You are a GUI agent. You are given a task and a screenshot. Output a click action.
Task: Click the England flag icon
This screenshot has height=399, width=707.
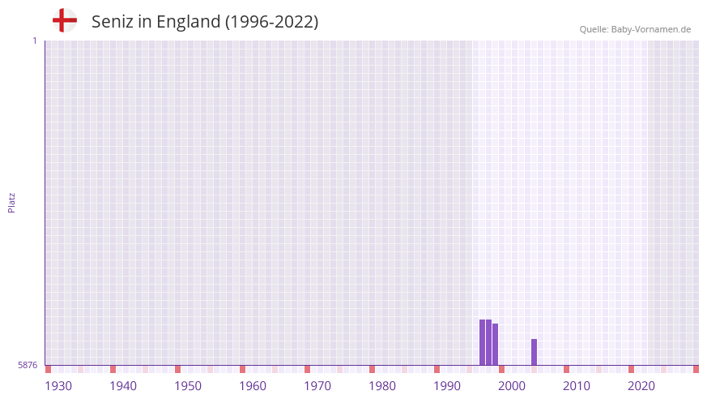[65, 20]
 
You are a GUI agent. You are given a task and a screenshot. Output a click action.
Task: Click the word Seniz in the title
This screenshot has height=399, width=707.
[112, 22]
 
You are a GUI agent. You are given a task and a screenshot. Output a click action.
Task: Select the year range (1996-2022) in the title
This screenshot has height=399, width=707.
[272, 22]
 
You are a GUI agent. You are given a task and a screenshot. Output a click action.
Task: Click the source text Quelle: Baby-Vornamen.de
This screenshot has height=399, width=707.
[635, 29]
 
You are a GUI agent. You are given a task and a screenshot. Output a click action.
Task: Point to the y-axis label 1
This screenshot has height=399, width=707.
[34, 41]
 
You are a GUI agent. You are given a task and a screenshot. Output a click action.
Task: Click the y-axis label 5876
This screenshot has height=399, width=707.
[28, 365]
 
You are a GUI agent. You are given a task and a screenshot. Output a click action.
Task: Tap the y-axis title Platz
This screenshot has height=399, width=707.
[11, 202]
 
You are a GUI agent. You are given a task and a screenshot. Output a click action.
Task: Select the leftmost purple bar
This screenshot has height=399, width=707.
[482, 342]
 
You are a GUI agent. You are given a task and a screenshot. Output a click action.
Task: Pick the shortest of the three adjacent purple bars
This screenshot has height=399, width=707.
[495, 345]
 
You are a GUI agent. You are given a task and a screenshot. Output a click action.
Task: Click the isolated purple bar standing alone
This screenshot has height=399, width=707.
[534, 352]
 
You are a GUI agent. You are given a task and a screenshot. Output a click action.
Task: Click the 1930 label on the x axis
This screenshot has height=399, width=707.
[58, 386]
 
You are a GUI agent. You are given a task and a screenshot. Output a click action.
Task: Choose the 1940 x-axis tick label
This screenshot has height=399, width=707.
[123, 386]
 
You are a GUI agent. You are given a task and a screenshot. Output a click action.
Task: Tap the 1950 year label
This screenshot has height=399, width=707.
[188, 386]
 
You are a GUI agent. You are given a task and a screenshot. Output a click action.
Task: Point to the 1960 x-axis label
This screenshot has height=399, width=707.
[253, 386]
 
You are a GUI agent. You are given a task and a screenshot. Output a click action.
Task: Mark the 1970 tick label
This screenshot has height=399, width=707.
[317, 386]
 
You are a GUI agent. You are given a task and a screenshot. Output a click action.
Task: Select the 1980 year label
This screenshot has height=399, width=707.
[382, 386]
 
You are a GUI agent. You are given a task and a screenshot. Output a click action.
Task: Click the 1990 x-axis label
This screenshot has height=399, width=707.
[447, 386]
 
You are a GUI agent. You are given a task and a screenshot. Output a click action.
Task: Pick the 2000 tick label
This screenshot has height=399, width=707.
[512, 386]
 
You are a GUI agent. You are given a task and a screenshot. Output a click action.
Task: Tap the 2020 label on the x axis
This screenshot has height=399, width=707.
[641, 386]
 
